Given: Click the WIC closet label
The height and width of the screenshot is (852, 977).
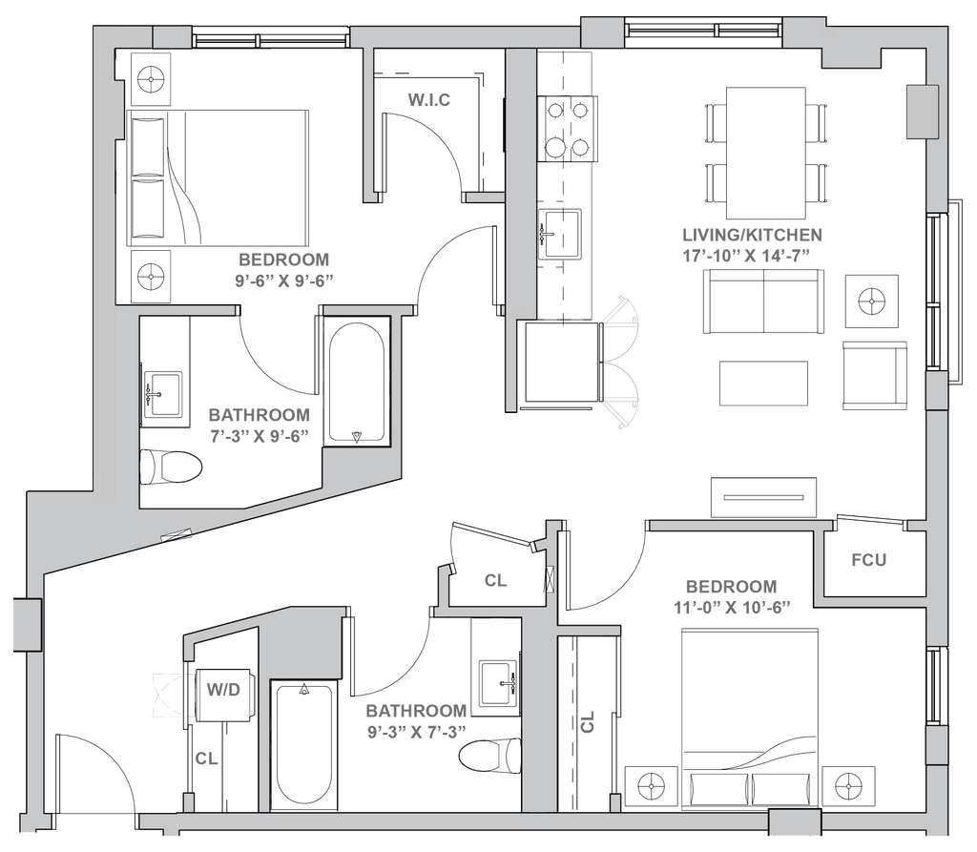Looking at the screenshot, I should [427, 99].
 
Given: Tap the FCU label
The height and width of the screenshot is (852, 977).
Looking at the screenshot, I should [868, 560].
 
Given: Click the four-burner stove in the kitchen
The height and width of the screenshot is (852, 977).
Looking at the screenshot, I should [567, 127].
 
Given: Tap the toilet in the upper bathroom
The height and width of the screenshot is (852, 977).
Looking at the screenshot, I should [175, 468].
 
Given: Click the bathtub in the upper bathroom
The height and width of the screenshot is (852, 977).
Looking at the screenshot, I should [357, 382].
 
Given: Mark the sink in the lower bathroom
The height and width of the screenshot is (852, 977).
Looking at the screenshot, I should [499, 681].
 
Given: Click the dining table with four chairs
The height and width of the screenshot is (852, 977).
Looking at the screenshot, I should [765, 152].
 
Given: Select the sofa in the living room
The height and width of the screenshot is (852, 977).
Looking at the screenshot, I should [762, 301].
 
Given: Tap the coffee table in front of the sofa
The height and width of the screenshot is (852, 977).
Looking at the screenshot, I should [765, 384].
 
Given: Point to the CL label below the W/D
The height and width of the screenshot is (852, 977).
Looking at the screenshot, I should [203, 759].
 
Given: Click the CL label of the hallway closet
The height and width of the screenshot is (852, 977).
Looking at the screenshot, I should [493, 579].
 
